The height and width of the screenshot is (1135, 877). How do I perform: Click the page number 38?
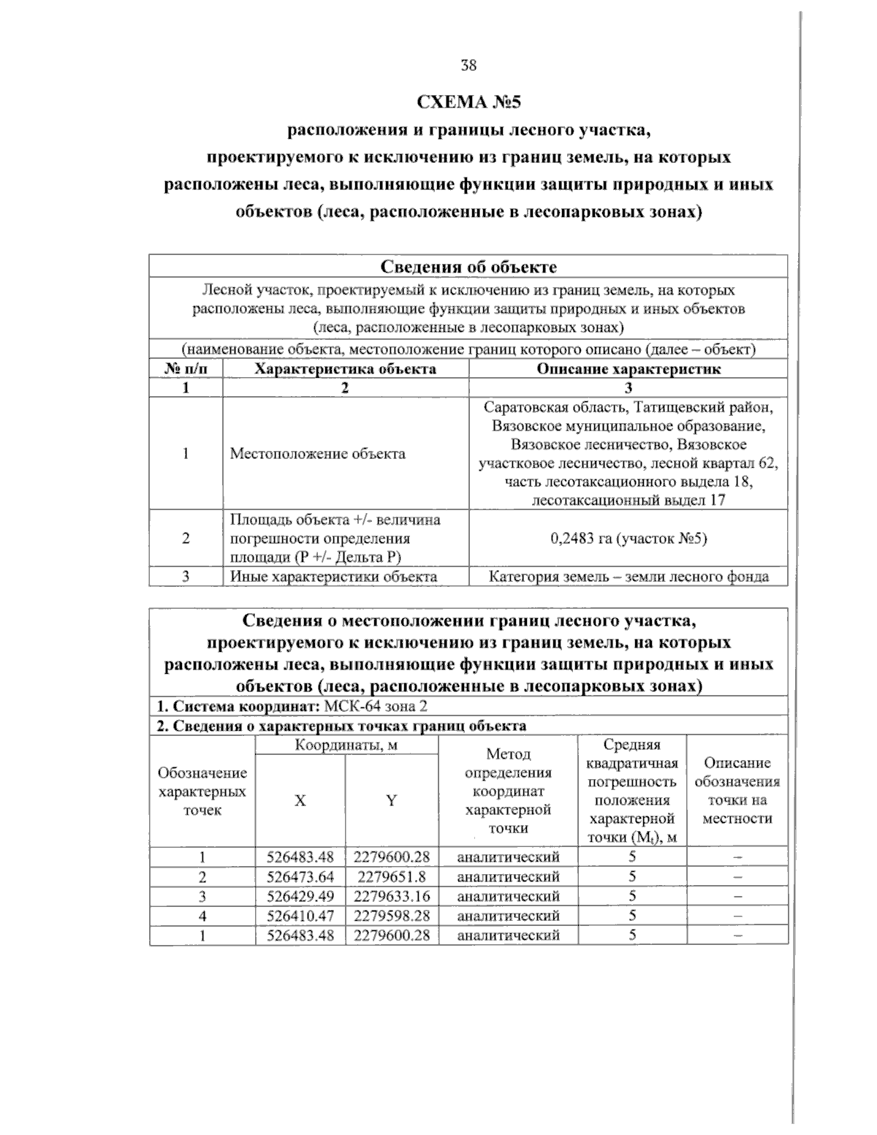[x=468, y=66]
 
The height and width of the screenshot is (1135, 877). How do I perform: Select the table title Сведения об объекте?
[x=468, y=267]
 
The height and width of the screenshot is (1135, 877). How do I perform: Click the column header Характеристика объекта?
[x=345, y=369]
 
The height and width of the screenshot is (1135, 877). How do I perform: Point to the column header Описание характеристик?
[x=629, y=369]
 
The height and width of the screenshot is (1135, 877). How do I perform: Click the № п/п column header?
[x=186, y=369]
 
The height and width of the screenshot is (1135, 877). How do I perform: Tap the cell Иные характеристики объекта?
[x=333, y=577]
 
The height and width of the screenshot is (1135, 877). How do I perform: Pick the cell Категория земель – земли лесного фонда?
[x=629, y=577]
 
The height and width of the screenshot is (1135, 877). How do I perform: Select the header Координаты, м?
[x=346, y=745]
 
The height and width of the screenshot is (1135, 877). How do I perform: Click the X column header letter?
[x=300, y=801]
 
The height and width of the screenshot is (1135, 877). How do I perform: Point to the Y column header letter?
[x=392, y=801]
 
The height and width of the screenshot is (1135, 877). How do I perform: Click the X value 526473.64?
[x=300, y=876]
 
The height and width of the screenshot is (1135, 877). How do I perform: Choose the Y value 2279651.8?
[x=392, y=876]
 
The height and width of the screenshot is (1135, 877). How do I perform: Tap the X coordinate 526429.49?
[x=300, y=896]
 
